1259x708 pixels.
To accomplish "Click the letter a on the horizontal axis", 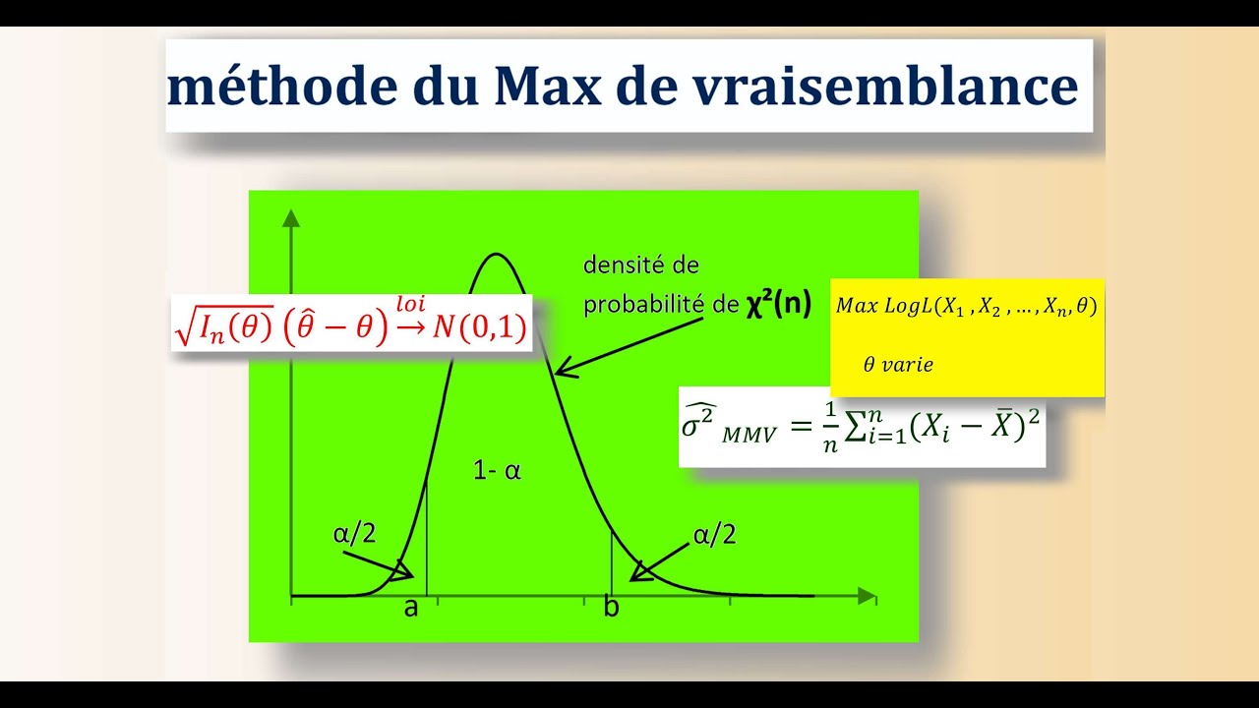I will pos(411,608).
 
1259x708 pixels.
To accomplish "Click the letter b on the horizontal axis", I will pos(611,608).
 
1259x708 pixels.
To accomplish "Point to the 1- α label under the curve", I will pos(497,471).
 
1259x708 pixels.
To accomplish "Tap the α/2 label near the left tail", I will pos(354,534).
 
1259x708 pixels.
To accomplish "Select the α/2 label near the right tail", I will pos(714,535).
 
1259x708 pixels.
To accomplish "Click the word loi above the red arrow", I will pos(410,304).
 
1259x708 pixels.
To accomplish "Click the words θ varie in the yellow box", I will pos(897,365).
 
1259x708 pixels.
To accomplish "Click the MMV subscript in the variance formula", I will pos(749,435).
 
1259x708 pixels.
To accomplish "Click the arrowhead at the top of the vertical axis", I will pos(291,218).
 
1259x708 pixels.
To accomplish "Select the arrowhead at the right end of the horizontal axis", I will pos(867,596).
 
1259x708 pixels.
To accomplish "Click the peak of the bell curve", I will pos(496,256).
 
